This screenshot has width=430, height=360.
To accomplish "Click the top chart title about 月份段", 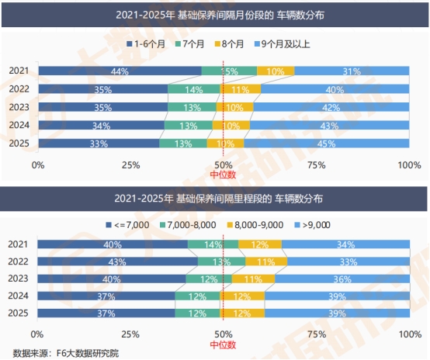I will tap(214, 14).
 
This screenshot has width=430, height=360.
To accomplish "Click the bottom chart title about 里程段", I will tap(214, 198).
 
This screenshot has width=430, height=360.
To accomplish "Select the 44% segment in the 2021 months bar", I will tap(119, 71).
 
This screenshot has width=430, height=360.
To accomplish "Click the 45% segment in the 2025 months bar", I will tap(326, 143).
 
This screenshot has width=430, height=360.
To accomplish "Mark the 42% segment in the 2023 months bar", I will tap(331, 107).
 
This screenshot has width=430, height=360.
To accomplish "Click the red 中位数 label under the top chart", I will tap(223, 175).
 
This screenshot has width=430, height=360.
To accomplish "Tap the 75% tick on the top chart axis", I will tap(316, 165).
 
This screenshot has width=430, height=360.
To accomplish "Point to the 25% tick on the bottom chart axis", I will tap(130, 333).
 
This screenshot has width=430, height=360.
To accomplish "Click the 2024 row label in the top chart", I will tap(19, 125).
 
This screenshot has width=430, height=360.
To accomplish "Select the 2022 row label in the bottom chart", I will tap(19, 261).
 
